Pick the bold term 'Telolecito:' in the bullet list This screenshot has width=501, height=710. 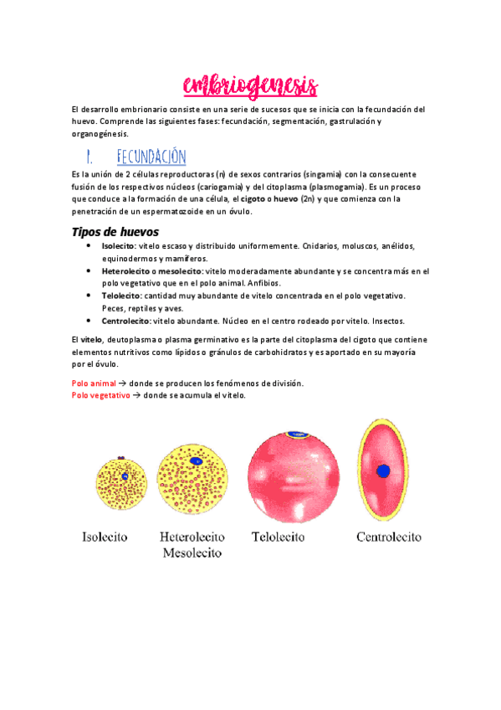pyautogui.click(x=122, y=296)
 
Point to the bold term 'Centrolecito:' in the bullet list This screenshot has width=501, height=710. pyautogui.click(x=127, y=321)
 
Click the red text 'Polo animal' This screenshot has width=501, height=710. pyautogui.click(x=94, y=383)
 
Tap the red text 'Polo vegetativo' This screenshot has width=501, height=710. pyautogui.click(x=101, y=394)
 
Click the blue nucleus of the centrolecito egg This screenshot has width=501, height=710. pyautogui.click(x=384, y=471)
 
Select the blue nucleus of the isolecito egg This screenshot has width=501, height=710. pyautogui.click(x=124, y=476)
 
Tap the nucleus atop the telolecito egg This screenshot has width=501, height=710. pyautogui.click(x=296, y=435)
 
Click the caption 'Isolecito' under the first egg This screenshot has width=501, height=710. pyautogui.click(x=105, y=536)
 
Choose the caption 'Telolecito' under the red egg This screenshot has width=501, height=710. pyautogui.click(x=286, y=536)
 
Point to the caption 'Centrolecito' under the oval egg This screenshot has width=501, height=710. pyautogui.click(x=388, y=536)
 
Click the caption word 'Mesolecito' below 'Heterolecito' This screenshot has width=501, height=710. pyautogui.click(x=192, y=553)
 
